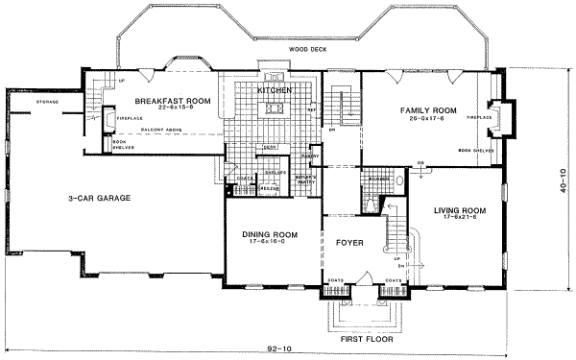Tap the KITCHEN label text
274,90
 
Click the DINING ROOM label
268,233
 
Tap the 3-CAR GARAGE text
100,199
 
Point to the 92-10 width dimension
279,347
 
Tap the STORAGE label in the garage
46,101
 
